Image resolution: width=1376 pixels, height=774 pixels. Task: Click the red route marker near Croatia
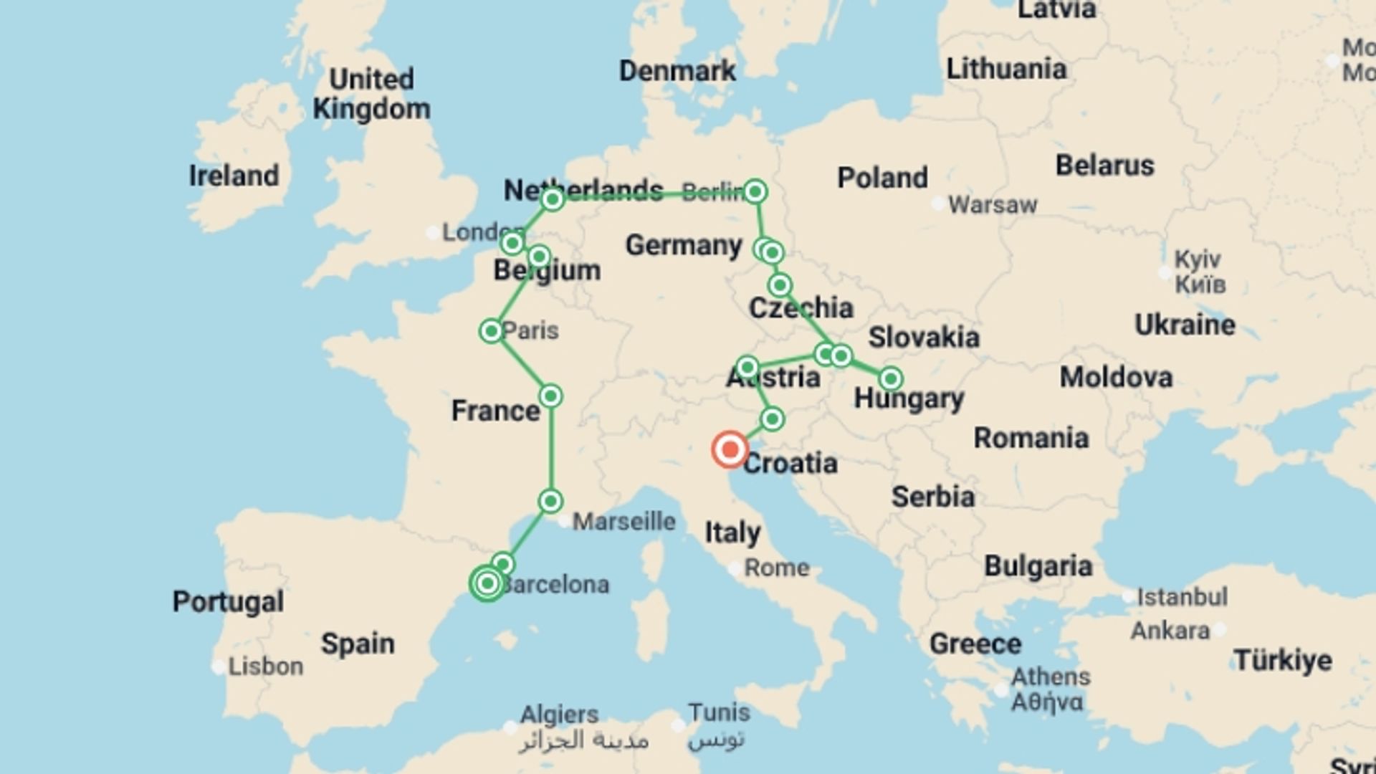point(730,450)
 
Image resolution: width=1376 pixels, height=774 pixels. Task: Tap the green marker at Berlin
point(755,191)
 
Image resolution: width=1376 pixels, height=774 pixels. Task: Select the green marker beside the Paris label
point(492,331)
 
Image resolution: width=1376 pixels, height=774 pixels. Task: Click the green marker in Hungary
point(890,378)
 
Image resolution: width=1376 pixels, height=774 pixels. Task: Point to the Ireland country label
point(234,176)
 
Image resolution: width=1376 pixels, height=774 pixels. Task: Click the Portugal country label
point(228,601)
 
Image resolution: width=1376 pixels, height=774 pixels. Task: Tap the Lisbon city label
point(265,666)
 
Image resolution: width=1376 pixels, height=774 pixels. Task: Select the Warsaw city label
point(993,205)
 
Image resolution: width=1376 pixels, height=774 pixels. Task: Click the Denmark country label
point(677,71)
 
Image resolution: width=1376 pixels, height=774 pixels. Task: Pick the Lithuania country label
point(1006,70)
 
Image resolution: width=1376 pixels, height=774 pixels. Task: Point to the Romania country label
point(1031,438)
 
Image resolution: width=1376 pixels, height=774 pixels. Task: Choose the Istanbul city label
point(1182,597)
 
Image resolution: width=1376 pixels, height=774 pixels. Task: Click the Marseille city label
point(623,522)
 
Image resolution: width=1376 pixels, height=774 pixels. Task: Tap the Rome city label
point(777,568)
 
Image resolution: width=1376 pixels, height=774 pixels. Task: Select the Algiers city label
point(559,715)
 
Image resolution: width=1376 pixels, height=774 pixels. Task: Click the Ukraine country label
point(1185,325)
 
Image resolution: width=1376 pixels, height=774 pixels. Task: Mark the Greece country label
point(975,644)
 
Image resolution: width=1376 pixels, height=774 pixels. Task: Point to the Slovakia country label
point(924,338)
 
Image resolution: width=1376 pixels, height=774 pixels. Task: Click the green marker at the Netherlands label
point(553,199)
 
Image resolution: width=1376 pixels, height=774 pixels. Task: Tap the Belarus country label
point(1104,166)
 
